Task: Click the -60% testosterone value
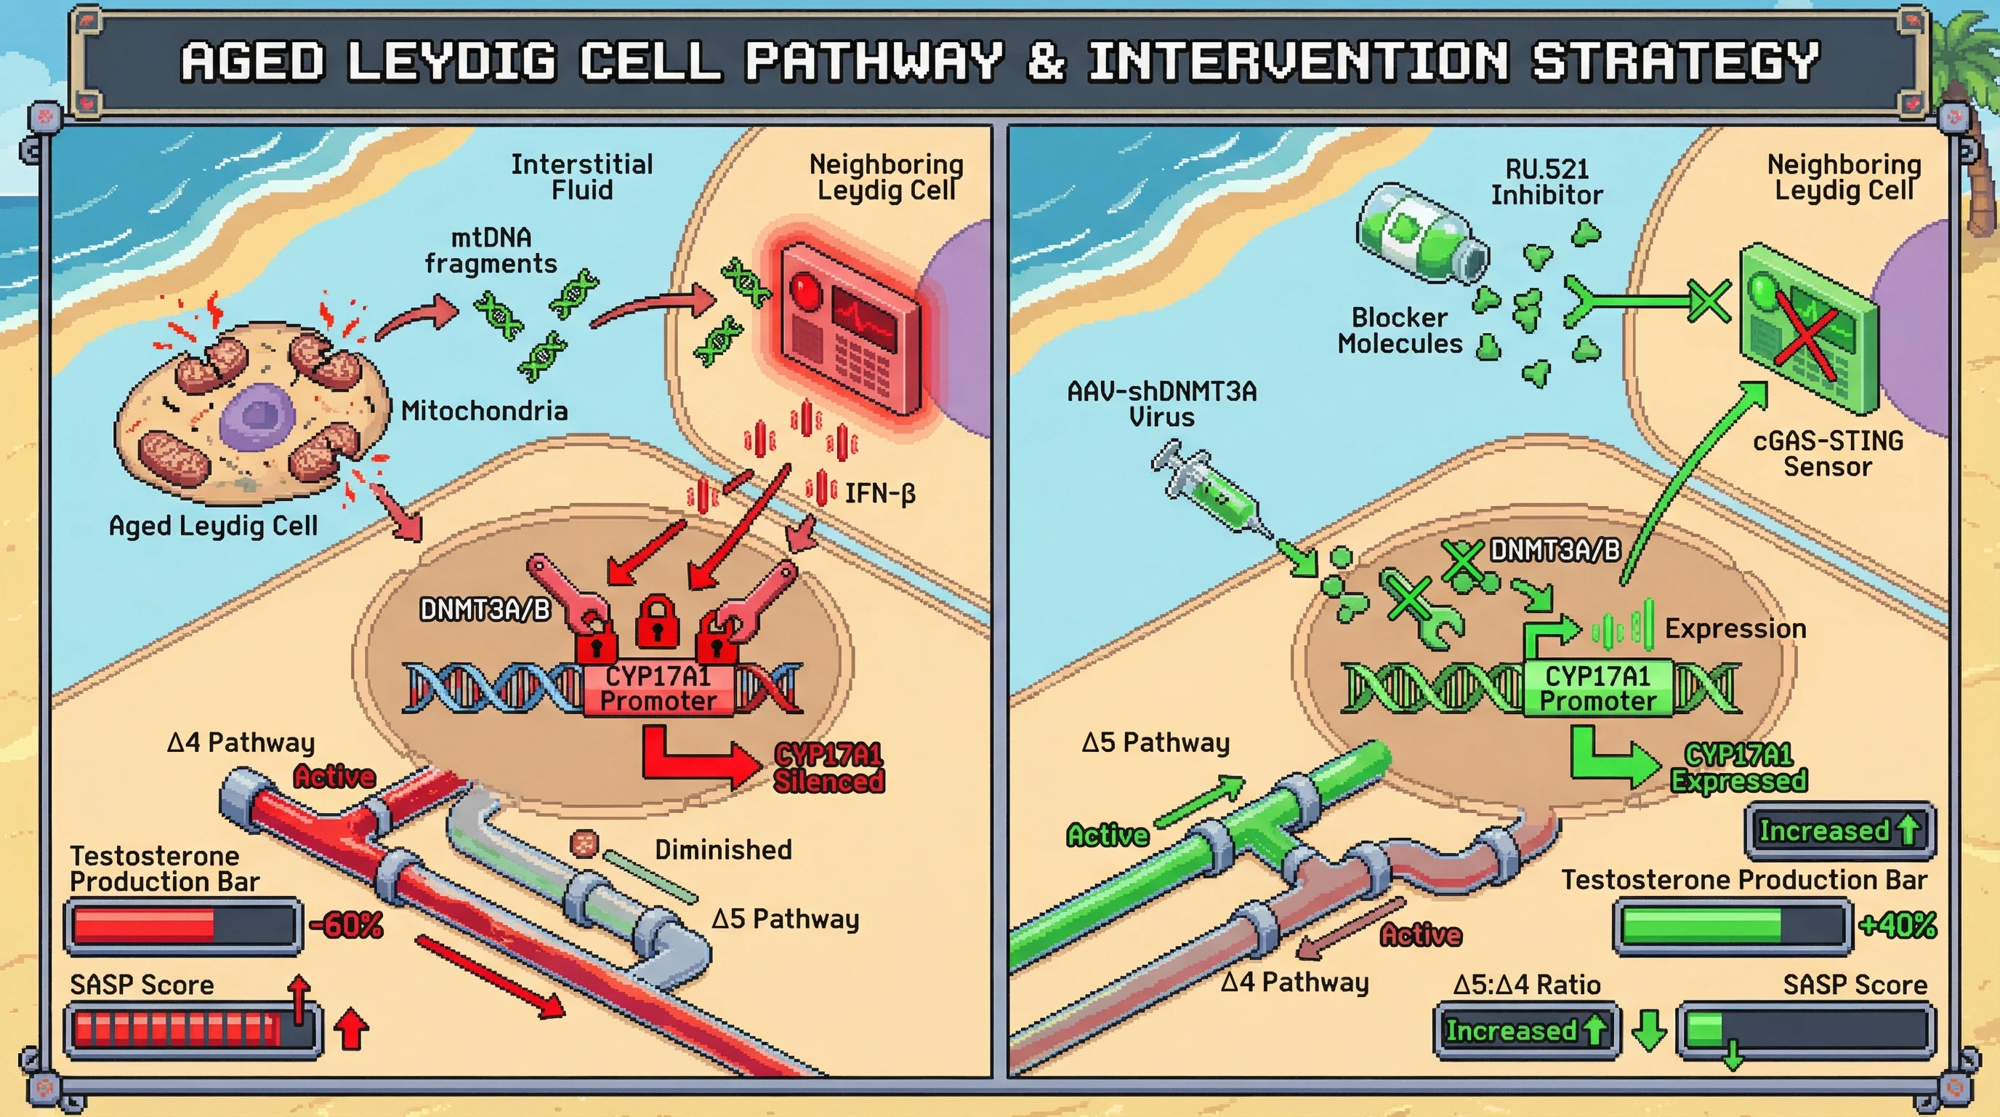(x=346, y=925)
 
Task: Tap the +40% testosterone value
(x=1898, y=925)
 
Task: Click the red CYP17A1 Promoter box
(x=658, y=688)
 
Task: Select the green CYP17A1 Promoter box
(x=1598, y=688)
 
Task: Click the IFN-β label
(x=879, y=493)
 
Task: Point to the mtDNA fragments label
(x=491, y=250)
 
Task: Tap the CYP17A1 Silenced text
(x=828, y=767)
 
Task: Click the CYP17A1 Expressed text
(x=1738, y=767)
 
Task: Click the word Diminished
(x=723, y=850)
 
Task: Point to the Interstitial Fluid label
(x=581, y=177)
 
